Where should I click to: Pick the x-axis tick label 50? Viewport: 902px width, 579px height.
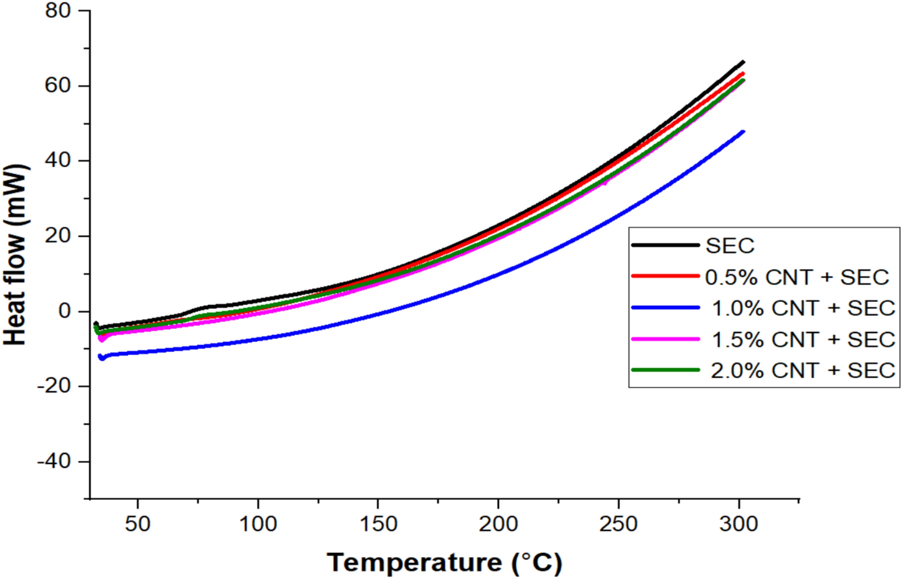[137, 524]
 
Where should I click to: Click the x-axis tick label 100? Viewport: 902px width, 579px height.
[258, 524]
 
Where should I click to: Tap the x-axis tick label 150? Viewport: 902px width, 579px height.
[378, 524]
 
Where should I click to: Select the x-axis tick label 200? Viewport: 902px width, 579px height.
[498, 524]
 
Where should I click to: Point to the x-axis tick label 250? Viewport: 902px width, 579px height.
[618, 524]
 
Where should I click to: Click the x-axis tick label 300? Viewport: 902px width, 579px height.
[739, 524]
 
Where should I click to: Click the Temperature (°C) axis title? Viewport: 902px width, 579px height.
[444, 562]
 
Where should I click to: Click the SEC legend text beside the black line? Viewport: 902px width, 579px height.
[730, 246]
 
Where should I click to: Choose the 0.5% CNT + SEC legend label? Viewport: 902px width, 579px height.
[797, 277]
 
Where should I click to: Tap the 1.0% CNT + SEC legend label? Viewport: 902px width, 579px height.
[803, 308]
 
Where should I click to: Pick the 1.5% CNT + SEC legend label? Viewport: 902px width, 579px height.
[803, 339]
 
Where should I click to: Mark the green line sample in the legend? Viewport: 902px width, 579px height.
[665, 370]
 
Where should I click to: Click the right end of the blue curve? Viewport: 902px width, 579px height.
[743, 132]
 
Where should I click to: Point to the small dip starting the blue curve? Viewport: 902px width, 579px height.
[102, 358]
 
